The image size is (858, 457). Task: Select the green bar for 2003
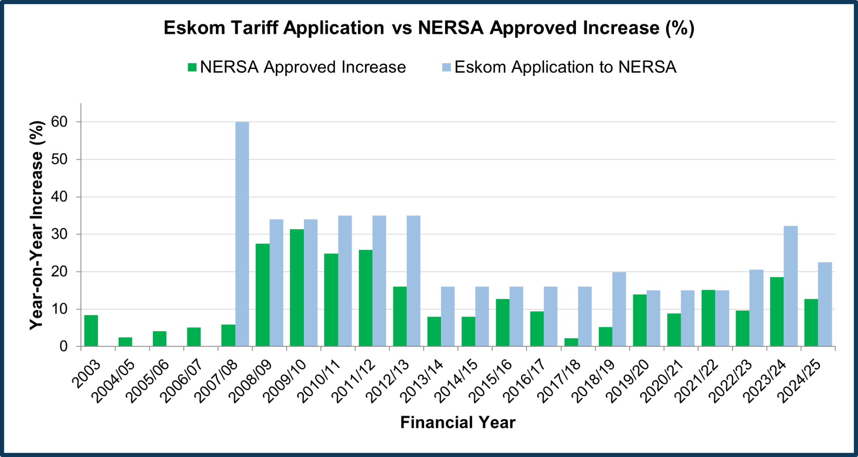click(91, 331)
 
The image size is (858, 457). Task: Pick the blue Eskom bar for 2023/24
click(791, 286)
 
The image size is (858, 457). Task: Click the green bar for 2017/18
click(571, 342)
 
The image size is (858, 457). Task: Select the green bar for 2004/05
click(125, 342)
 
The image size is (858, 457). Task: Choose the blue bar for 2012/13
click(413, 281)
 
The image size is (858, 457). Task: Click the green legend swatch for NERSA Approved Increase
click(192, 67)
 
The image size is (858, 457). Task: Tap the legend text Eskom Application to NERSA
click(565, 67)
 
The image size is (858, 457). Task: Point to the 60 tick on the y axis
click(59, 122)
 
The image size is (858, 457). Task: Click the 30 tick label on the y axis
click(59, 234)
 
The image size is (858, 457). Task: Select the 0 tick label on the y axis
click(63, 347)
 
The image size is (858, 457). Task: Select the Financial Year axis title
click(458, 422)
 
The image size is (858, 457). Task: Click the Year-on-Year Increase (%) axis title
click(37, 225)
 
